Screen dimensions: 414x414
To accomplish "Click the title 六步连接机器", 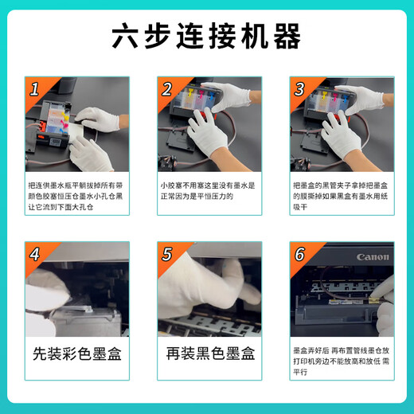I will [x=207, y=37].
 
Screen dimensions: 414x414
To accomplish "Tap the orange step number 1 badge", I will [x=34, y=89].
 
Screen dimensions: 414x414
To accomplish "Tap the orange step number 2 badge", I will [x=167, y=89].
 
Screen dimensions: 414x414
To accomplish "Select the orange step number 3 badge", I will [x=299, y=89].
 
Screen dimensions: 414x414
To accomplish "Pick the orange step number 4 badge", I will [x=34, y=255].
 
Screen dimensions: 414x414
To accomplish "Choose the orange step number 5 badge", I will [x=167, y=255].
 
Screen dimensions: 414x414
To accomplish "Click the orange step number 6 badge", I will [x=299, y=255].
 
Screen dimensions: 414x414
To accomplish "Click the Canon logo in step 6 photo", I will [x=372, y=258].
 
